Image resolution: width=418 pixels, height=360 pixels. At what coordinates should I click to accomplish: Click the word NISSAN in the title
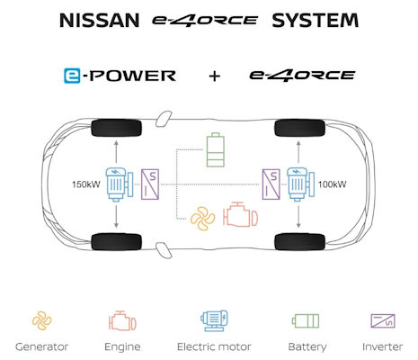(x=100, y=21)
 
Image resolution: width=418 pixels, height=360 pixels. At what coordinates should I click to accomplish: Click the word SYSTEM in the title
(x=316, y=21)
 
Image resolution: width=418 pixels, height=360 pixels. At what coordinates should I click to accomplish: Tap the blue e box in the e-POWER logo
(x=72, y=76)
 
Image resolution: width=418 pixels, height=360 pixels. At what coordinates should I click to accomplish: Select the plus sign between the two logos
(x=215, y=76)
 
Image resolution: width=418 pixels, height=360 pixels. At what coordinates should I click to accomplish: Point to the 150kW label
(x=86, y=184)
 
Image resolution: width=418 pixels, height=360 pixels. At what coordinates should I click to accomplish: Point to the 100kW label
(x=332, y=184)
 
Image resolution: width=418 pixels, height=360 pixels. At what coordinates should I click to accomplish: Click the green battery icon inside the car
(x=216, y=149)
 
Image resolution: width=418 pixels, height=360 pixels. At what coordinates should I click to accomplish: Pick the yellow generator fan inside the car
(x=203, y=219)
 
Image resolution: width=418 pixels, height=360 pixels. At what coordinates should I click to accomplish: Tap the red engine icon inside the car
(x=240, y=214)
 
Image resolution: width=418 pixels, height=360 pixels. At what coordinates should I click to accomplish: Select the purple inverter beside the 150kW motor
(x=150, y=184)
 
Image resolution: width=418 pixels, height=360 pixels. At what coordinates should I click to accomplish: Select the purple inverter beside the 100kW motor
(x=271, y=184)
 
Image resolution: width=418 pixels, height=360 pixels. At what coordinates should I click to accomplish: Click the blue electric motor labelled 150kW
(x=120, y=184)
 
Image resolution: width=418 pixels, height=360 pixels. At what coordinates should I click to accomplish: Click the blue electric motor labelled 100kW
(x=300, y=184)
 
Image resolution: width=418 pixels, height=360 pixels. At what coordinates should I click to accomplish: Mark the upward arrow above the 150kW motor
(x=116, y=152)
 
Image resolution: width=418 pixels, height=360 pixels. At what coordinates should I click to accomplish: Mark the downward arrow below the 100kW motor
(x=298, y=215)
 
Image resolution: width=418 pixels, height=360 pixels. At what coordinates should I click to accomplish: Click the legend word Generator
(x=42, y=346)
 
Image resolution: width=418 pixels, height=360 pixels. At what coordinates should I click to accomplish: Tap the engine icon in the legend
(x=122, y=321)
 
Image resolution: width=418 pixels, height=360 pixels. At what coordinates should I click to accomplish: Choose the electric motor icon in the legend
(x=214, y=320)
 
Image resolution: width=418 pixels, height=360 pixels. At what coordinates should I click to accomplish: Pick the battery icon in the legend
(x=306, y=321)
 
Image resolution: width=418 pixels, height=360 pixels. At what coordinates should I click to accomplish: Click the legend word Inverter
(x=382, y=346)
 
